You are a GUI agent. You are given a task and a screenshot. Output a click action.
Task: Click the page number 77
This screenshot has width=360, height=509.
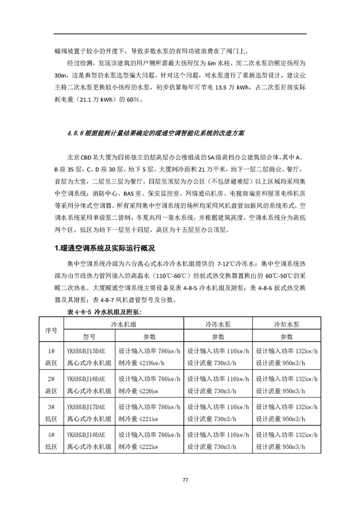tap(185, 480)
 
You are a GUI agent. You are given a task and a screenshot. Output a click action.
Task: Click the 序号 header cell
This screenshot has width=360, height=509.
tap(51, 330)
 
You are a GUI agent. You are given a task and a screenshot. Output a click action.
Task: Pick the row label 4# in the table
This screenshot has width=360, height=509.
tap(51, 435)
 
